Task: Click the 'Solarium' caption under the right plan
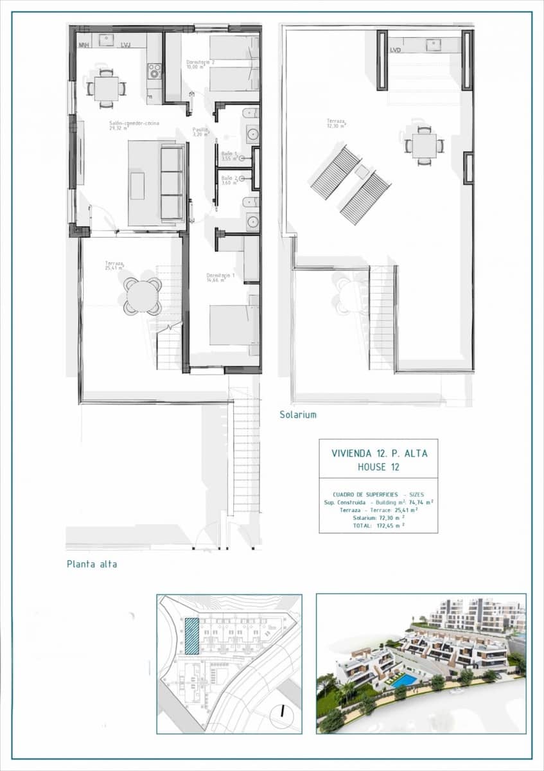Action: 297,415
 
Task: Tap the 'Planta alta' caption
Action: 92,564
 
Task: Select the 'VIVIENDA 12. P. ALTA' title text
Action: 379,453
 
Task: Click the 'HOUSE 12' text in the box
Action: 378,467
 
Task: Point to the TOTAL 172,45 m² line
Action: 378,526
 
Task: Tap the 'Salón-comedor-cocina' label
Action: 134,124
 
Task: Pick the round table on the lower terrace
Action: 142,296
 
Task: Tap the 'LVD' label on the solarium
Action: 396,49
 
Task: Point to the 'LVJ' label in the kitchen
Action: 126,44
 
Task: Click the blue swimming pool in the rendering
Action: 403,680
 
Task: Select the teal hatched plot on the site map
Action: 191,636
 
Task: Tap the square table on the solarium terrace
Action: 425,144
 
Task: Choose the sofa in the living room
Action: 172,182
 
